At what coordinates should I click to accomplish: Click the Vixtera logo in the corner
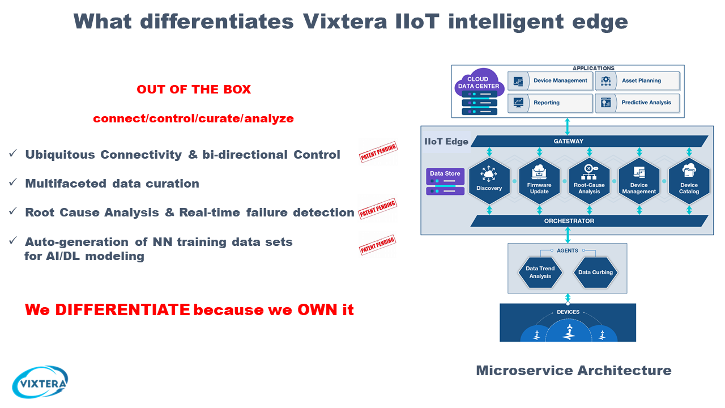40,382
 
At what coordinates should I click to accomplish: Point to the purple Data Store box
445,182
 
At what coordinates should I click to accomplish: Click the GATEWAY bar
589,141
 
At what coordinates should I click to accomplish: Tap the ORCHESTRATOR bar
589,220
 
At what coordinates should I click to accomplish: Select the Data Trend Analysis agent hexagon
540,273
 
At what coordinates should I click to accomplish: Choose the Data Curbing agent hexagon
595,273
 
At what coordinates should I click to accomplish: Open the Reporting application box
550,103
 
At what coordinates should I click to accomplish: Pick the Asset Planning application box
637,80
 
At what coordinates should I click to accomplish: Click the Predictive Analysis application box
637,103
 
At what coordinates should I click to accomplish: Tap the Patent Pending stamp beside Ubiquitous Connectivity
378,152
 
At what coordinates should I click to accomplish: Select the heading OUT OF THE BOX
194,90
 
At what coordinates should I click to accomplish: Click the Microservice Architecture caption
573,371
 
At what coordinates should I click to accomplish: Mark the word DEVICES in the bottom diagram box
568,312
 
